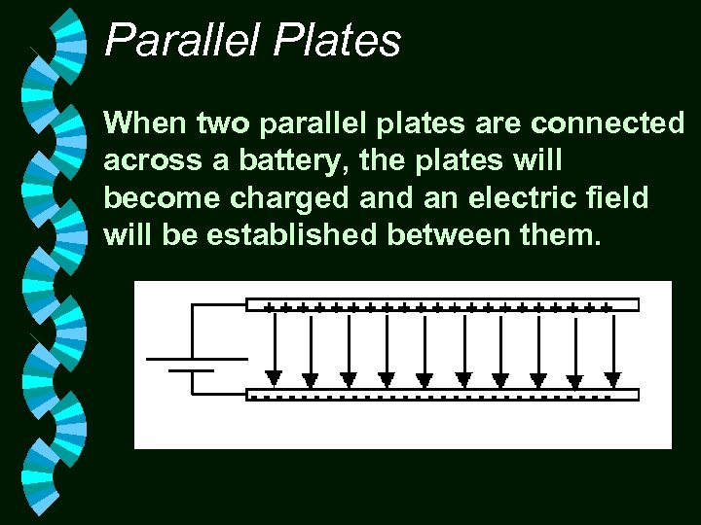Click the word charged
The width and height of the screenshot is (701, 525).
point(290,197)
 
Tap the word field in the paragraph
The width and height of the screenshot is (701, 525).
point(620,197)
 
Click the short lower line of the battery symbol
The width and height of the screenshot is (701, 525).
point(192,370)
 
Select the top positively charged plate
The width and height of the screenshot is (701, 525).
point(443,305)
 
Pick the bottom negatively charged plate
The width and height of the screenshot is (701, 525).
point(443,394)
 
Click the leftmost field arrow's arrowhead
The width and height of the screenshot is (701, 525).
point(275,378)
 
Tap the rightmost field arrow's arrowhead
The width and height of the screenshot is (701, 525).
point(612,378)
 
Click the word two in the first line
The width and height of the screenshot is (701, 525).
point(224,123)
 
